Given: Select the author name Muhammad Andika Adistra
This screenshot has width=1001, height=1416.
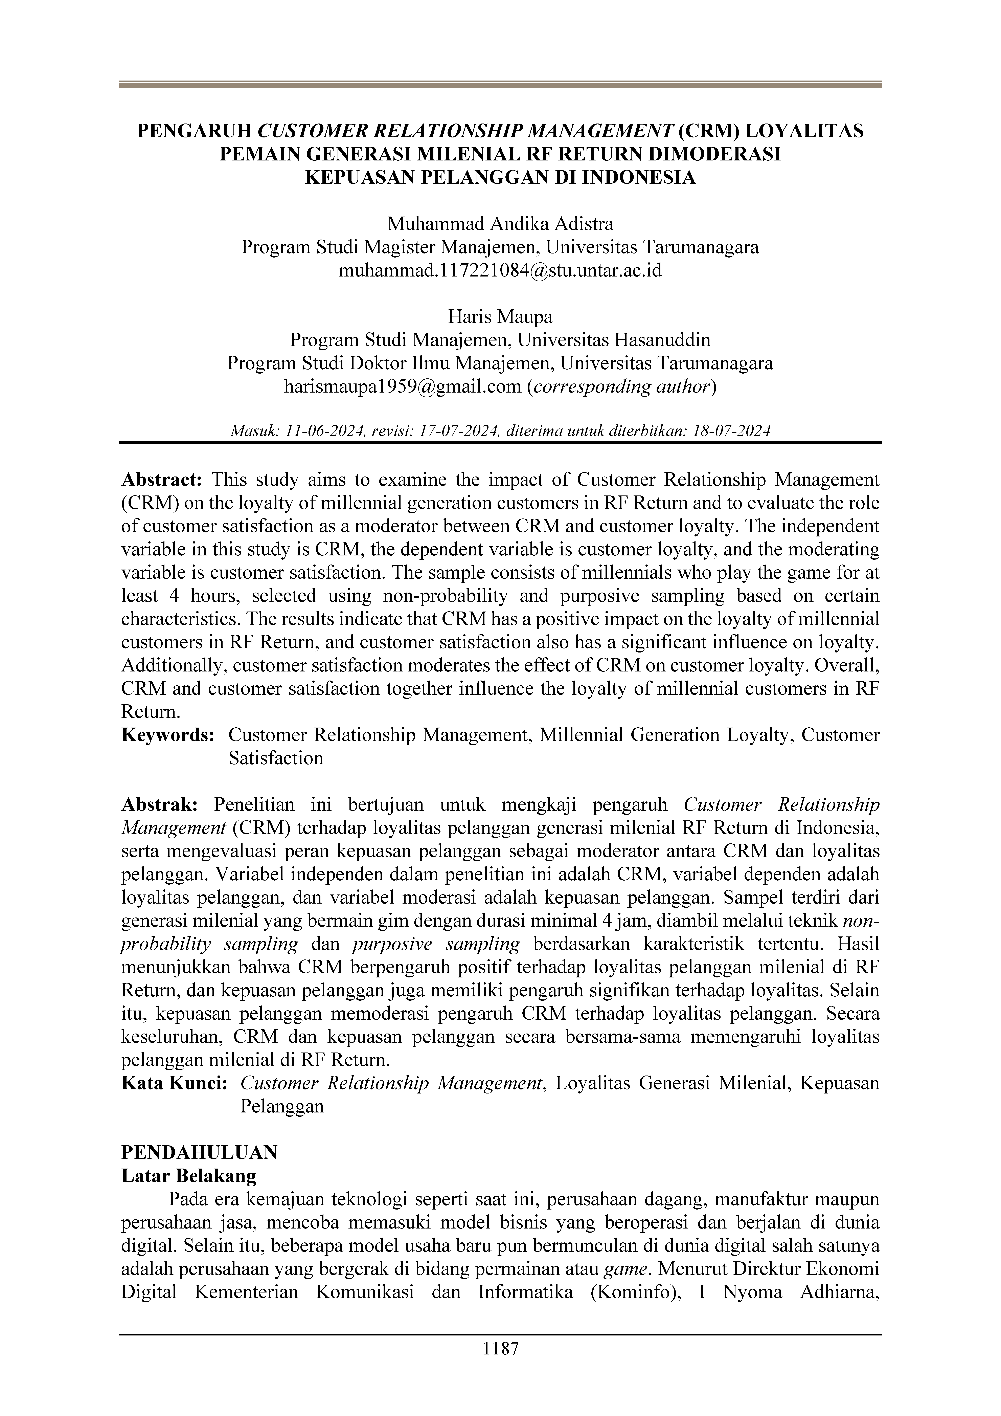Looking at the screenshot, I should pyautogui.click(x=500, y=224).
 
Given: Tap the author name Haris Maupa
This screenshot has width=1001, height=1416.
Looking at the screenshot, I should pyautogui.click(x=500, y=317).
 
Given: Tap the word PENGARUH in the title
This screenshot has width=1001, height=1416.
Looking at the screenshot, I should pyautogui.click(x=194, y=131).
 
